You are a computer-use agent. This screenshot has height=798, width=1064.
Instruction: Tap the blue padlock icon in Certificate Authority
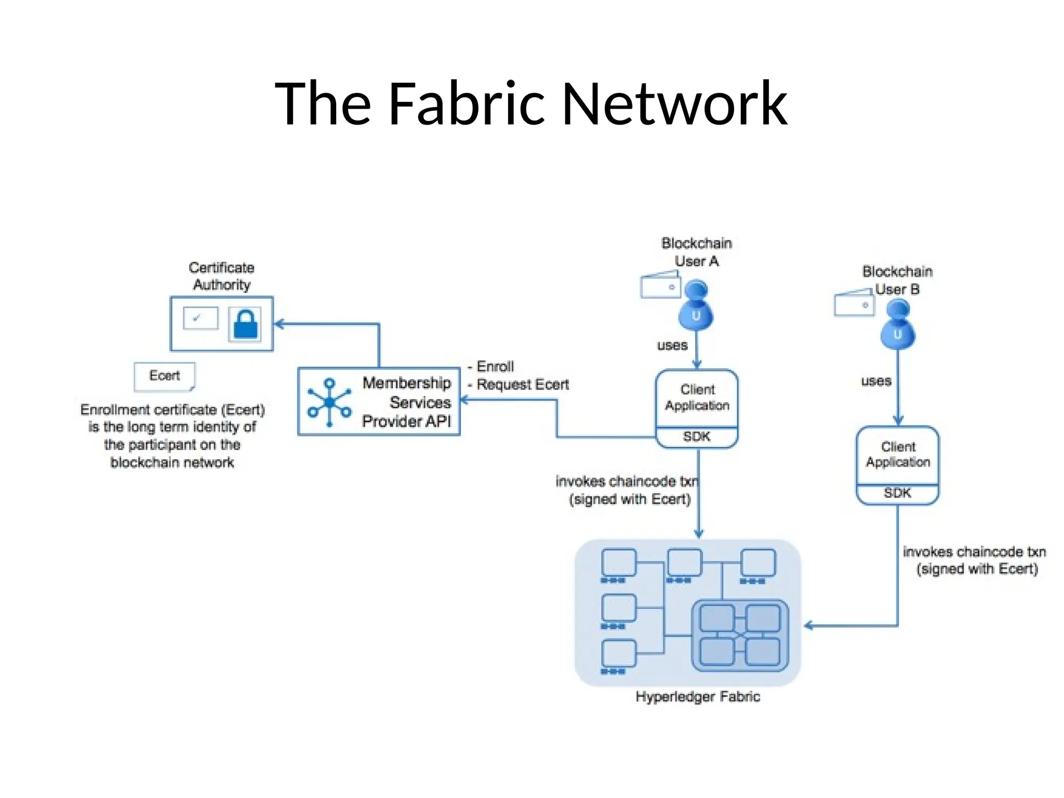[245, 325]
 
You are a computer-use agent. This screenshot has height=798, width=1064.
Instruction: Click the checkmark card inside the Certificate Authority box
[201, 318]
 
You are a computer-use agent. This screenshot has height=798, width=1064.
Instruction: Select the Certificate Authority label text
[222, 276]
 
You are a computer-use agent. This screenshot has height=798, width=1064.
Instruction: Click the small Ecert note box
[165, 376]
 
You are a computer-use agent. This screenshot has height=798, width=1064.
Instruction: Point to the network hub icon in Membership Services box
[329, 403]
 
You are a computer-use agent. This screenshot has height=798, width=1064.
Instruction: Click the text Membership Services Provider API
[406, 402]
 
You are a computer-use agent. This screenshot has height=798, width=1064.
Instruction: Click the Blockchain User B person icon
[897, 325]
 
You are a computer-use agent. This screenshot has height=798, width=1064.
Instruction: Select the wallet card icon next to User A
[660, 285]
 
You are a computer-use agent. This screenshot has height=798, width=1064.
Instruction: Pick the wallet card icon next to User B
[854, 303]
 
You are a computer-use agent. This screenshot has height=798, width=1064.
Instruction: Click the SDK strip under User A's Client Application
[697, 437]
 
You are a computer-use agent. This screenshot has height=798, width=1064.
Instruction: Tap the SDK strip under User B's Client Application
[897, 493]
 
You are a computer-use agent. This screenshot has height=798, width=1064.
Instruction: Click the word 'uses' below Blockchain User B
[876, 381]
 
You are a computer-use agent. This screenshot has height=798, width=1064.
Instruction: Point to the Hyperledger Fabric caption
[697, 697]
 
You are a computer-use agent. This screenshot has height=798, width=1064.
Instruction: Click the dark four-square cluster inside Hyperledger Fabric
[740, 635]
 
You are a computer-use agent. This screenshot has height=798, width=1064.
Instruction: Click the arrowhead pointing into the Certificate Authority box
[279, 324]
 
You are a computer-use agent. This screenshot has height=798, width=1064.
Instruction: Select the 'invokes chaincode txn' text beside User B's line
[974, 552]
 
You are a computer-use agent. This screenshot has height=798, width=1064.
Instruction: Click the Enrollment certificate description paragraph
[172, 436]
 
